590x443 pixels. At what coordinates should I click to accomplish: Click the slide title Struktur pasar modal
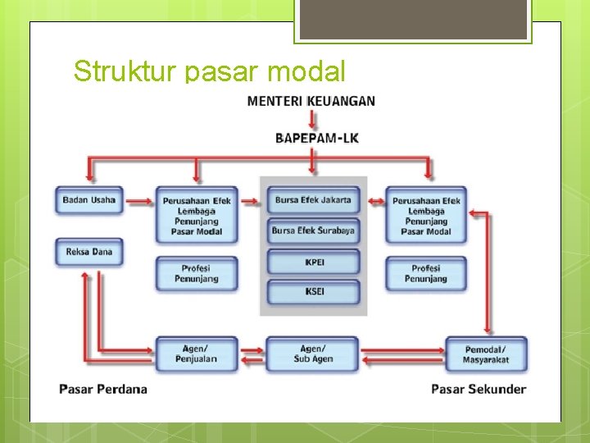(209, 71)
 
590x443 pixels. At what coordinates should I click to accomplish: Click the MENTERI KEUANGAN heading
(311, 101)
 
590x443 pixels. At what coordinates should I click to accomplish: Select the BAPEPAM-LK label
(316, 137)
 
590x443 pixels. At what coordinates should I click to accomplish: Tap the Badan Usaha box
(89, 200)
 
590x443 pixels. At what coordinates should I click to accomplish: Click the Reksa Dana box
(89, 252)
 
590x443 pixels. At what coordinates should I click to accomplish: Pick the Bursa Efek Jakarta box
(313, 200)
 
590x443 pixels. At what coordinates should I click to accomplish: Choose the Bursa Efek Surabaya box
(313, 231)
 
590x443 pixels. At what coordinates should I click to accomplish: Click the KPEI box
(313, 263)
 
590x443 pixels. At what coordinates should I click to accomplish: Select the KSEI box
(313, 292)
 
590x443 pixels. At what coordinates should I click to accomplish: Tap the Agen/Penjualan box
(196, 354)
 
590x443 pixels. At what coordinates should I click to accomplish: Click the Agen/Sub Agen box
(311, 354)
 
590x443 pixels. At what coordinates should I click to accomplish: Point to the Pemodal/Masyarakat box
(486, 354)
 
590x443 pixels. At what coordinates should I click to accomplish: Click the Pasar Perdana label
(103, 389)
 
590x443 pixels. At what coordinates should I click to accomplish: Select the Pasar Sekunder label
(479, 389)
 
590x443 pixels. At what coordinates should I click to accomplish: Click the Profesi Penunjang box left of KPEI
(197, 273)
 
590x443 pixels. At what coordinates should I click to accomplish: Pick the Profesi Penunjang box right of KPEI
(426, 273)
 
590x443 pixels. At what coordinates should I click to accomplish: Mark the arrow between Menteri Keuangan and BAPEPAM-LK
(312, 119)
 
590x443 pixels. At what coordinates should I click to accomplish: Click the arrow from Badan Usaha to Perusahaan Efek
(139, 200)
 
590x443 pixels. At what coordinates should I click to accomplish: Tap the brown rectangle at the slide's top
(412, 19)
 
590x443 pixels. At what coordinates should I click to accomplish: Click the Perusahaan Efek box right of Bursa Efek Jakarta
(426, 215)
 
